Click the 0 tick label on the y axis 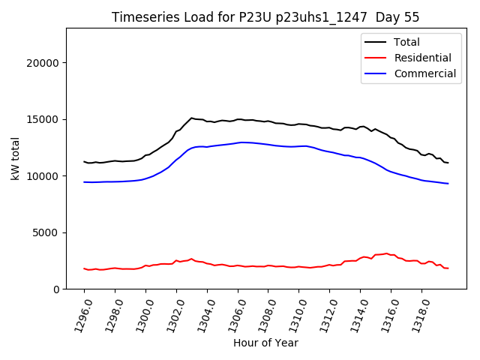[55, 289]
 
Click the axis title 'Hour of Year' [265, 343]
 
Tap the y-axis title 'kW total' [15, 158]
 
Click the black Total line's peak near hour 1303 [191, 118]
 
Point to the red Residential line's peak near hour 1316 [387, 253]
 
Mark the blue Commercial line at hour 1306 [238, 142]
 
